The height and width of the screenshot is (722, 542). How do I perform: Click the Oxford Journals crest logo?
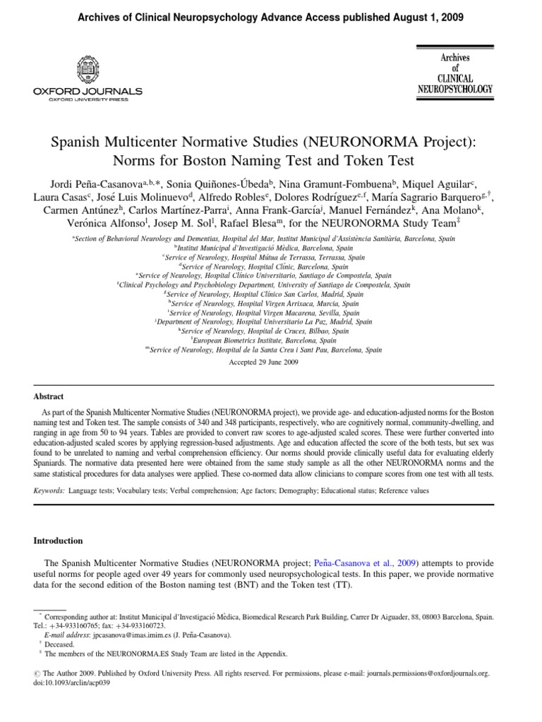88,71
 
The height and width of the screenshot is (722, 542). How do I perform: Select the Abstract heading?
49,397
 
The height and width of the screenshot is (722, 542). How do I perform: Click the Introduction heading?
59,541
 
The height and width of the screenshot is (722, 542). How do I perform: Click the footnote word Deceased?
59,644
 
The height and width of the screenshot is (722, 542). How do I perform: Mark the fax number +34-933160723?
131,625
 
